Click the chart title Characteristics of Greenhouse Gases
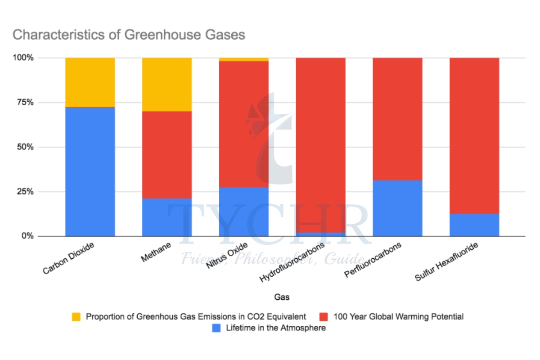pos(129,35)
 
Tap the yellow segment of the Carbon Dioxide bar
pos(90,82)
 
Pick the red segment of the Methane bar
pos(167,155)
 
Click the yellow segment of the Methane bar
pos(167,85)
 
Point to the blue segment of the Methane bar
pos(167,217)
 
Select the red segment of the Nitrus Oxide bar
pos(243,124)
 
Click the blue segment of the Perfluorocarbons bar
pos(397,208)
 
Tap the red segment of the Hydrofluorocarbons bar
pos(320,144)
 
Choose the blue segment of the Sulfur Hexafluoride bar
pos(474,225)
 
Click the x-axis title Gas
pos(282,297)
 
